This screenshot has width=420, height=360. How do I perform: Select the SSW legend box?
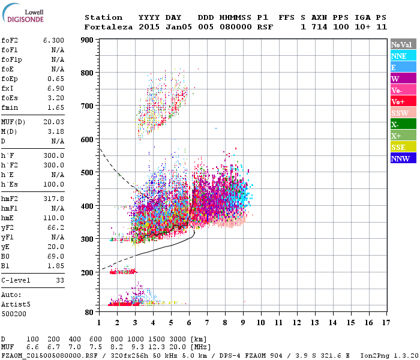(403, 113)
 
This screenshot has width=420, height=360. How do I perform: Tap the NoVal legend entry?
(403, 44)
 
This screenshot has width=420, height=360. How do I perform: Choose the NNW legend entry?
(403, 158)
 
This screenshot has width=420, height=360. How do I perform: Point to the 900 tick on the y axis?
(87, 40)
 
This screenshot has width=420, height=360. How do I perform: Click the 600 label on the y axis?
(87, 140)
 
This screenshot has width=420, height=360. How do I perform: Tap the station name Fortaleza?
(109, 27)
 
